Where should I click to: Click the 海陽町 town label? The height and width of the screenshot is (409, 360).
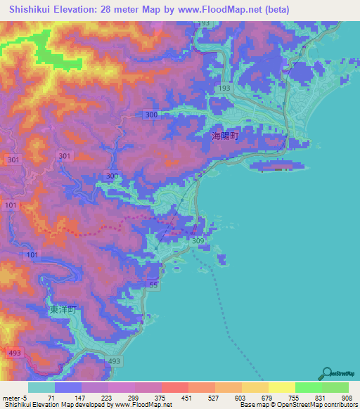coord(226,137)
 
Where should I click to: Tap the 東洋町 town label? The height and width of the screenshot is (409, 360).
coord(62,309)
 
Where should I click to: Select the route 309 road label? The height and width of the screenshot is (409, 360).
coord(198,241)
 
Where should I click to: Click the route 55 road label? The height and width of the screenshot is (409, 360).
coord(153,283)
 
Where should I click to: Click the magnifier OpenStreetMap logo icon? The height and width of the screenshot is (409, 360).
coord(327,373)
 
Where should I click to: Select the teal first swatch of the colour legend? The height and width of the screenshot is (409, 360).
coord(41,387)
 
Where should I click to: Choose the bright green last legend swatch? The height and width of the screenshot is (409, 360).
coord(335,387)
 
